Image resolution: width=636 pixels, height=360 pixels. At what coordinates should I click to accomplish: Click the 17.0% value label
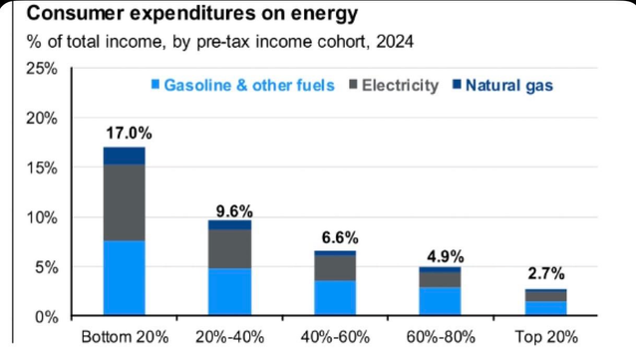pos(125,131)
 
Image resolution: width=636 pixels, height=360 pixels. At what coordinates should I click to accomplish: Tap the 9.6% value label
pos(231,210)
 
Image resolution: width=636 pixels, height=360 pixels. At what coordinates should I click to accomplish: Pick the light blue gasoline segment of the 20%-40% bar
pos(231,292)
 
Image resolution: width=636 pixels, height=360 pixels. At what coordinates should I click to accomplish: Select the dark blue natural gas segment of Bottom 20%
pos(125,156)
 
